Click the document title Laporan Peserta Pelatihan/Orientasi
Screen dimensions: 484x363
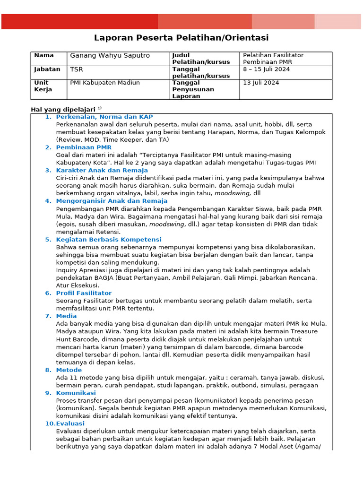(x=181, y=38)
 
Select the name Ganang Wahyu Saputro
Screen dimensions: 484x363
(x=110, y=55)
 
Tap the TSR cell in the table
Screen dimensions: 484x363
(x=77, y=69)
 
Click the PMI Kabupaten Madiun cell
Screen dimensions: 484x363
(x=105, y=83)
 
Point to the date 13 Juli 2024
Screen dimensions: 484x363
(x=261, y=83)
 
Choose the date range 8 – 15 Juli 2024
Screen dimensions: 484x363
(x=266, y=69)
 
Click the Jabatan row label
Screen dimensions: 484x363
(x=47, y=69)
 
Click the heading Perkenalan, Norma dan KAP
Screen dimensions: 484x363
(x=104, y=117)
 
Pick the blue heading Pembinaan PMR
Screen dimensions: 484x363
(x=84, y=147)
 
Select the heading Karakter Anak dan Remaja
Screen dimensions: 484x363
(x=102, y=170)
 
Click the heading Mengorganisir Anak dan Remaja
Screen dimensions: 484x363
(x=112, y=201)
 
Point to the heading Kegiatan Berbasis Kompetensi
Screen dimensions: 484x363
(x=109, y=240)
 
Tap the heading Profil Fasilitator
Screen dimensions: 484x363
(x=84, y=293)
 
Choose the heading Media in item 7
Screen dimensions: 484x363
(x=66, y=316)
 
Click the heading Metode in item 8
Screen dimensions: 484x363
(x=69, y=370)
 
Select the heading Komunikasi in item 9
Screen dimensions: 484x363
(x=76, y=393)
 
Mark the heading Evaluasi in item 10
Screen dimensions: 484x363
(x=70, y=423)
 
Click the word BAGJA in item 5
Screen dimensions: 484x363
(x=102, y=278)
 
